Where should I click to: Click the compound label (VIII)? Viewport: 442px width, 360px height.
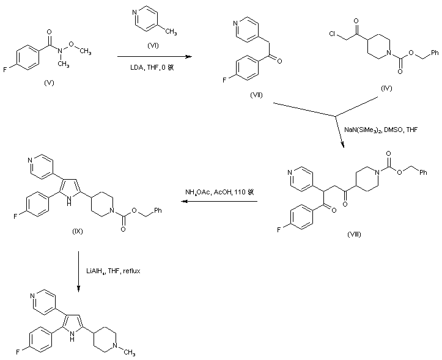[x=353, y=234]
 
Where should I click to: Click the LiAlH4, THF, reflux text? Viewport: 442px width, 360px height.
[x=117, y=270]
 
